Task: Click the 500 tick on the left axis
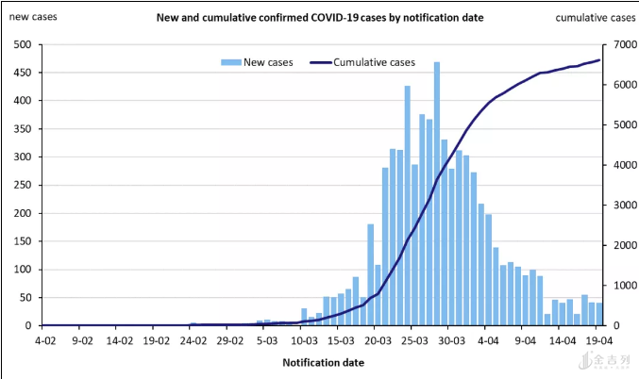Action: (22, 45)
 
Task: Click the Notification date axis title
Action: (323, 362)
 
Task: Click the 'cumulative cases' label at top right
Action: (595, 18)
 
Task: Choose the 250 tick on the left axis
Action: (22, 185)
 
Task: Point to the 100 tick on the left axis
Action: (22, 270)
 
